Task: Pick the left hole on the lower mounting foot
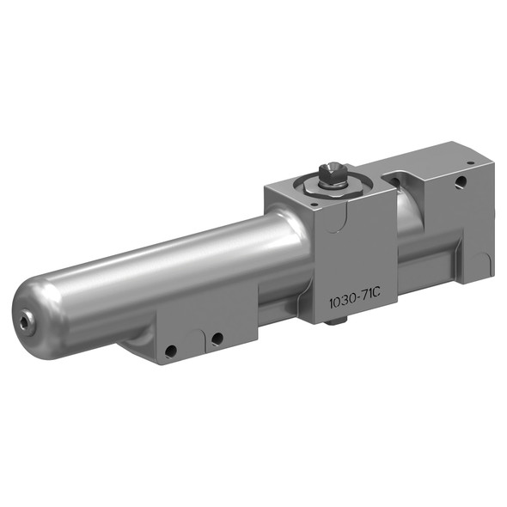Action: (173, 351)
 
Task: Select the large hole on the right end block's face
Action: (461, 181)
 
